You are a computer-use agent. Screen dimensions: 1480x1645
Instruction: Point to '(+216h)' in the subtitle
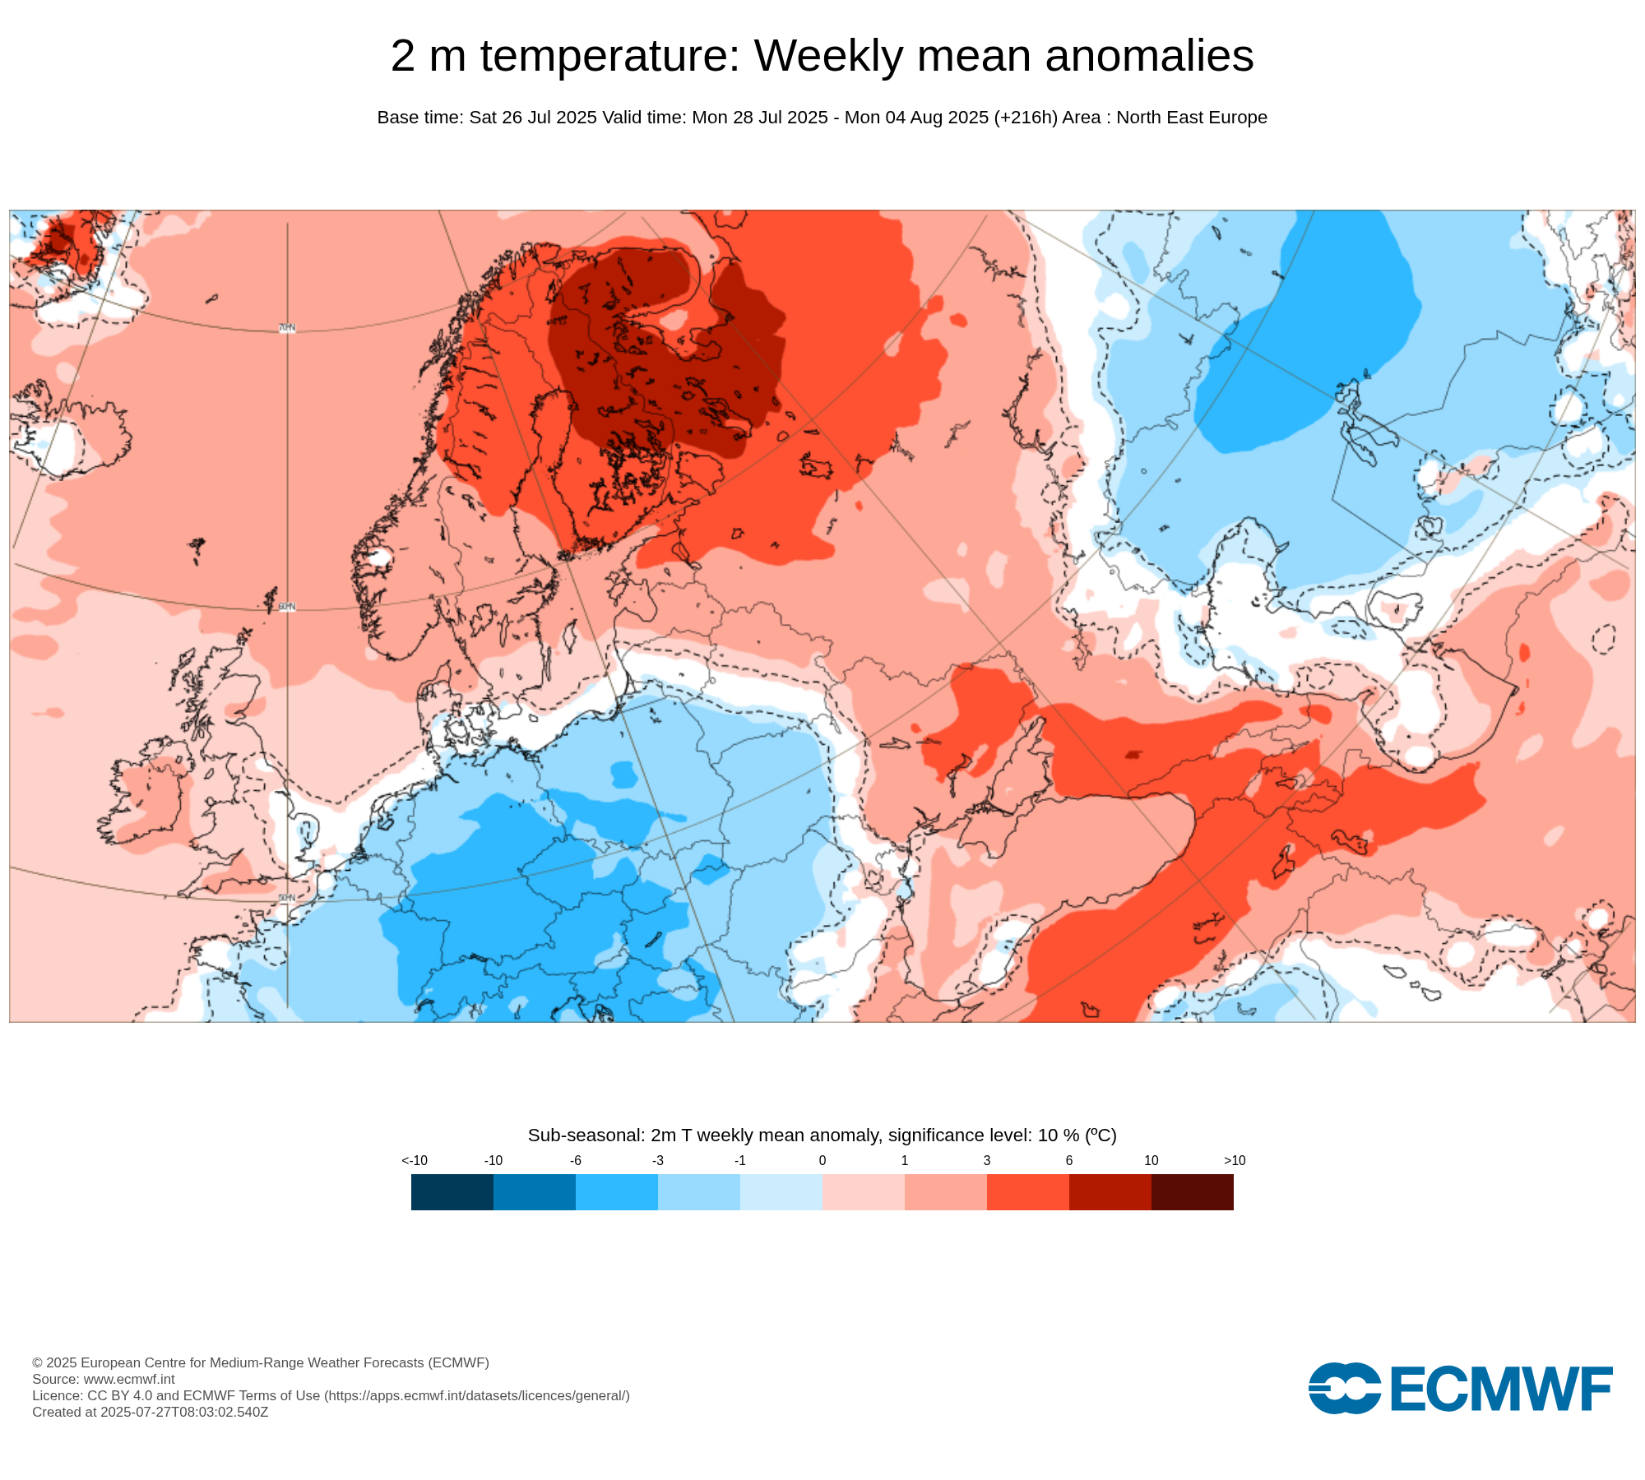pyautogui.click(x=1025, y=118)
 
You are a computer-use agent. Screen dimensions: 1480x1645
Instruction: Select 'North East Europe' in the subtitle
pyautogui.click(x=1192, y=118)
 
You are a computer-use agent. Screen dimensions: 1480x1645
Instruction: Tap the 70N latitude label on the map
pyautogui.click(x=287, y=328)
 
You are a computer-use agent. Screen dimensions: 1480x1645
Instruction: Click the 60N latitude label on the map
pyautogui.click(x=287, y=607)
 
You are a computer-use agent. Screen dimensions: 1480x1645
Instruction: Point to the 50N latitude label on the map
pyautogui.click(x=287, y=898)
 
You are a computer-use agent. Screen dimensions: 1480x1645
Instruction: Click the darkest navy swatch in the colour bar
pyautogui.click(x=452, y=1192)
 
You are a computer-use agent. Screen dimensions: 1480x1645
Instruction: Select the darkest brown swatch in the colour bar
pyautogui.click(x=1193, y=1192)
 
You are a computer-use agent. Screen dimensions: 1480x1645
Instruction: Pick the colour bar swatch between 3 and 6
pyautogui.click(x=1028, y=1192)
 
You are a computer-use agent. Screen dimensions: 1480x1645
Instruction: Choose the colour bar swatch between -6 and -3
pyautogui.click(x=617, y=1192)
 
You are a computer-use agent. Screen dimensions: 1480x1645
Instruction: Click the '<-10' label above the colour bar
pyautogui.click(x=415, y=1161)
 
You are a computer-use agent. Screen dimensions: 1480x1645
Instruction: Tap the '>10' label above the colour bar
pyautogui.click(x=1235, y=1161)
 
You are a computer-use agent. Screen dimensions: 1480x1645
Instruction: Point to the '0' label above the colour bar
pyautogui.click(x=822, y=1161)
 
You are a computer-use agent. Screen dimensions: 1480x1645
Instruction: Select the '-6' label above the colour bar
pyautogui.click(x=576, y=1161)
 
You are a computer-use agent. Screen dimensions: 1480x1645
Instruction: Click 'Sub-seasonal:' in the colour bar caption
pyautogui.click(x=586, y=1135)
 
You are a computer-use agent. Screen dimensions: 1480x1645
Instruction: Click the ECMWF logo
pyautogui.click(x=1460, y=1389)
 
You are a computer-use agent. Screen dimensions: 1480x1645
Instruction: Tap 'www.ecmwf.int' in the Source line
pyautogui.click(x=129, y=1379)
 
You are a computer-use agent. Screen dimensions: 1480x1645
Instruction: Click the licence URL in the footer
pyautogui.click(x=477, y=1395)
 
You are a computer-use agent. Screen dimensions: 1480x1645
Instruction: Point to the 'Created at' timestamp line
pyautogui.click(x=151, y=1412)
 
